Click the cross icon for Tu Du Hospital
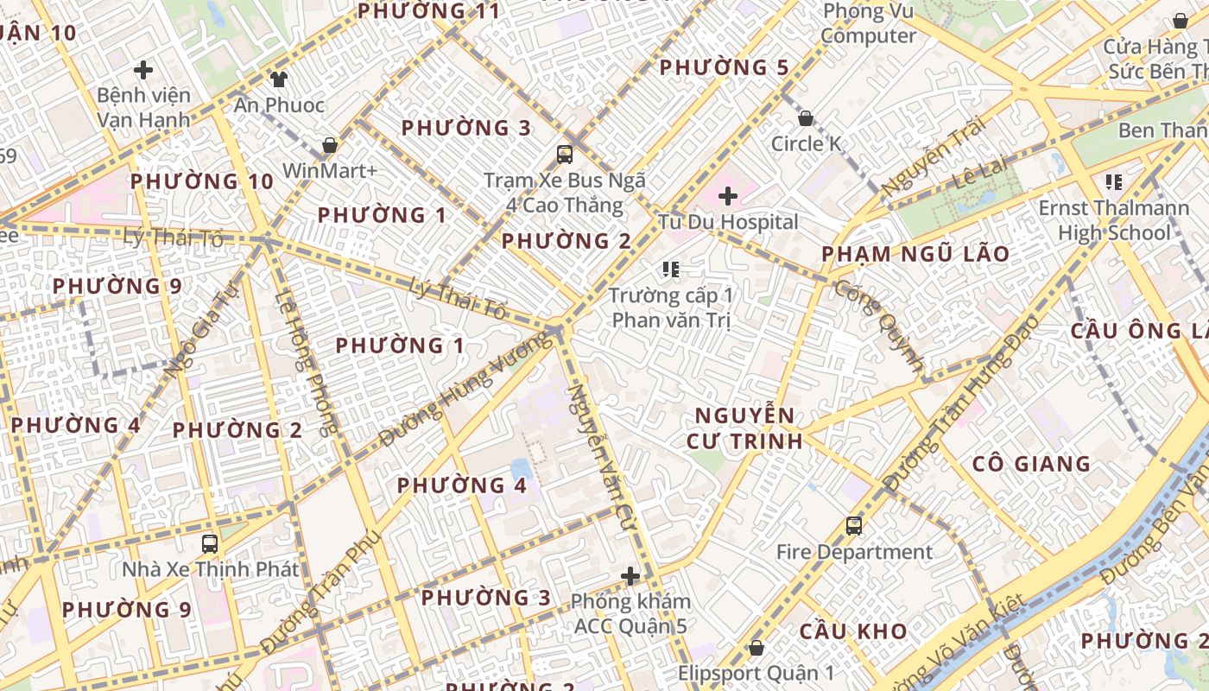click(728, 196)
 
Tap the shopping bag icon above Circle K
click(806, 118)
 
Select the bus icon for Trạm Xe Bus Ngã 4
click(565, 155)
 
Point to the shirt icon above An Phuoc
click(278, 80)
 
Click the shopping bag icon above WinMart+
click(329, 145)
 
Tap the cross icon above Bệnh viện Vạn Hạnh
click(143, 70)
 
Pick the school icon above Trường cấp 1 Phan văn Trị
click(671, 269)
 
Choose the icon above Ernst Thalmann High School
click(1113, 182)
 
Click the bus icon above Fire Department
click(854, 525)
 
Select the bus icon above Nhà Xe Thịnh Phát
click(210, 544)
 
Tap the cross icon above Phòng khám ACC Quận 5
click(631, 575)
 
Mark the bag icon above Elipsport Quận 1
click(756, 647)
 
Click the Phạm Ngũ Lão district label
click(915, 254)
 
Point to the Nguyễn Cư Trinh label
click(744, 428)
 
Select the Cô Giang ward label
click(1031, 464)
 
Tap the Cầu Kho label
click(852, 631)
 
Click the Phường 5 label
click(725, 67)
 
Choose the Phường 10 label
click(202, 181)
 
